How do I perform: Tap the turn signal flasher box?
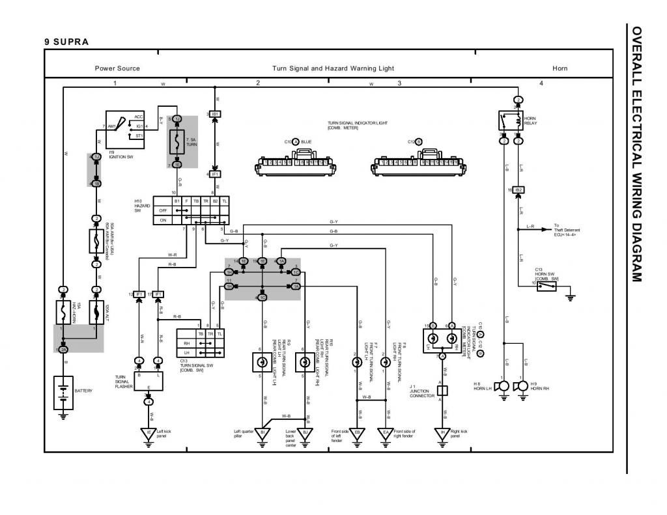tap(148, 381)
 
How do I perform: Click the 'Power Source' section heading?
tap(117, 68)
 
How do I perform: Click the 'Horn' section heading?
tap(560, 68)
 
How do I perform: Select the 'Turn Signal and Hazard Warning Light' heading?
tap(333, 68)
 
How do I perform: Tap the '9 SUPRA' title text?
tap(66, 42)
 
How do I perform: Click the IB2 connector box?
tap(518, 190)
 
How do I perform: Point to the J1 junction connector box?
tap(442, 391)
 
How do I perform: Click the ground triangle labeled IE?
tap(149, 432)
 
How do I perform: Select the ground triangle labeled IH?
tap(442, 432)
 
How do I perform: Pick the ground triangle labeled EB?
tap(357, 432)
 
